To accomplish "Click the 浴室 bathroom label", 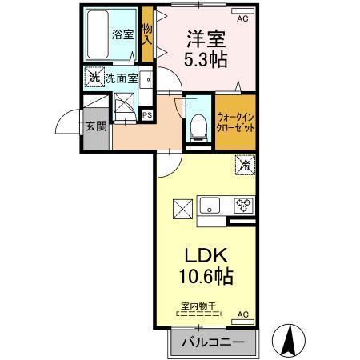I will pos(122,35).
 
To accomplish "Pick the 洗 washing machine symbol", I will pos(94,78).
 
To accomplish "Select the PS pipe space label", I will pos(147,114).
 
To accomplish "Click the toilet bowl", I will pos(196,127).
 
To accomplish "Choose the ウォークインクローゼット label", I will pos(234,122).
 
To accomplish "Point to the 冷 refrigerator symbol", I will pos(244,166).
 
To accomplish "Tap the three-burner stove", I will pos(242,205).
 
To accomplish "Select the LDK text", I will pos(207,257).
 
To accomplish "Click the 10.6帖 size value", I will pos(207,278).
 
